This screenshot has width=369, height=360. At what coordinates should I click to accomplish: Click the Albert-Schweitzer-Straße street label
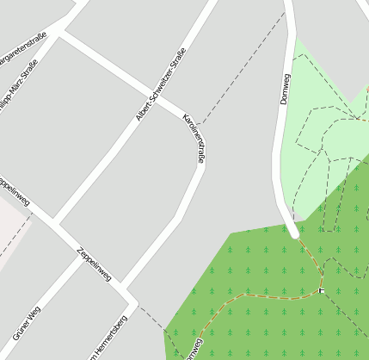coord(163,83)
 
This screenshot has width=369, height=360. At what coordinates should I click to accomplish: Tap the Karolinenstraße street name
coord(194,138)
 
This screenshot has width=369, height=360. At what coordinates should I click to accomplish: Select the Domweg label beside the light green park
coord(286,89)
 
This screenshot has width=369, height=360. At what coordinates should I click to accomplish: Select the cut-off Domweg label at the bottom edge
coord(194,349)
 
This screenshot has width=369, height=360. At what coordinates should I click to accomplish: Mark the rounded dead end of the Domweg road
coord(294,232)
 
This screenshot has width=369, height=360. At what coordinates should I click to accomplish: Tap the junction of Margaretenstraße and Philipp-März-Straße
coord(59,34)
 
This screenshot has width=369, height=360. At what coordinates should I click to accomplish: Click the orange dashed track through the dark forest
coord(258,296)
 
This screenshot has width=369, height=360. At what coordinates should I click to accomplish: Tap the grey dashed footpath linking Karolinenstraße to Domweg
coord(241,69)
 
